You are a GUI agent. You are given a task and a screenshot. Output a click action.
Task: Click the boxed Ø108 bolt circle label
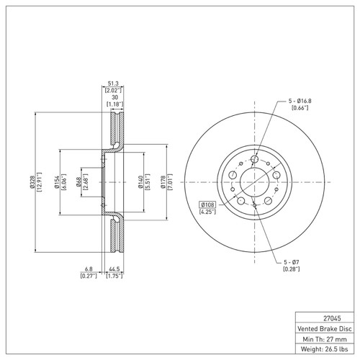[207, 204]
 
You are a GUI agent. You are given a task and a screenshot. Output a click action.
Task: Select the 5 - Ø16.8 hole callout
[300, 101]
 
